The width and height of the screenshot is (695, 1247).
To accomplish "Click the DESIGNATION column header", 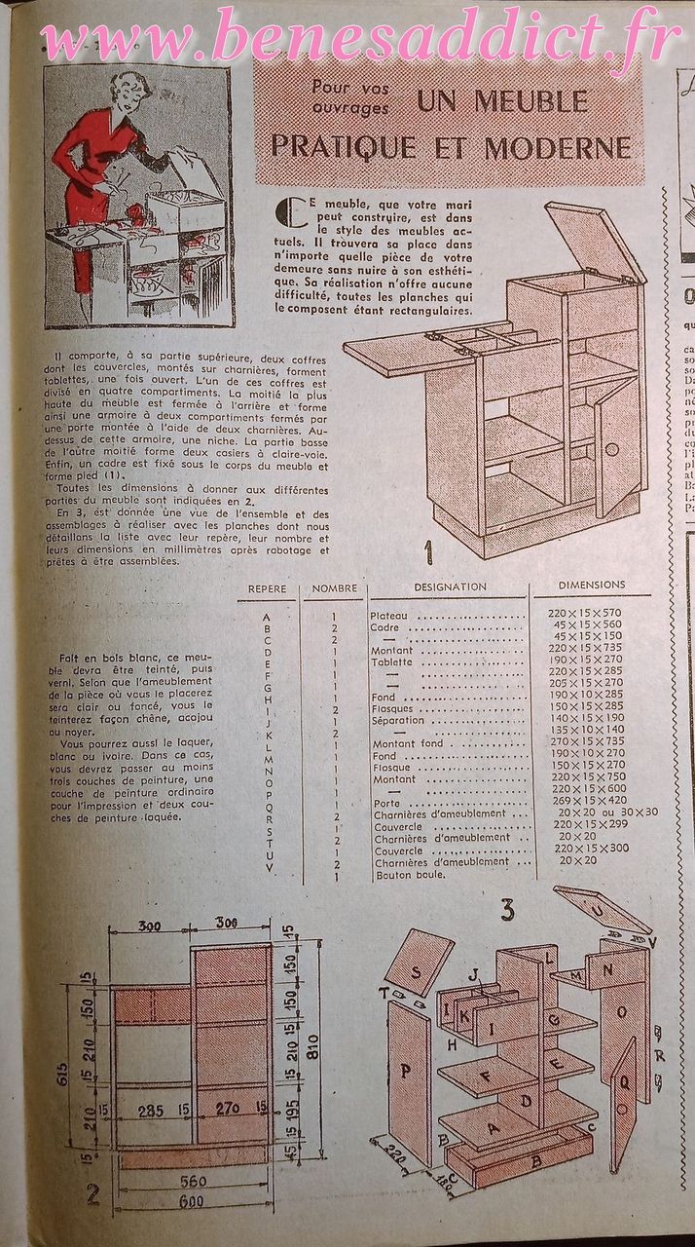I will click(x=450, y=587).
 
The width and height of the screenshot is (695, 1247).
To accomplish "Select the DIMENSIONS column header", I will click(x=591, y=586).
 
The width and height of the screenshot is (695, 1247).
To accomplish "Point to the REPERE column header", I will click(x=267, y=589).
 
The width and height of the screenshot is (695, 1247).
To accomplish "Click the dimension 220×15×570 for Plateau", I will click(x=582, y=616).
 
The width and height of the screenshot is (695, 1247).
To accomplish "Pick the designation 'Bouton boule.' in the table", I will click(x=410, y=874).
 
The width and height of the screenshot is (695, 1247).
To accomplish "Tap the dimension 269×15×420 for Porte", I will click(x=584, y=801).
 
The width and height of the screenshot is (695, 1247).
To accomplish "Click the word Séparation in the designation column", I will click(x=398, y=721).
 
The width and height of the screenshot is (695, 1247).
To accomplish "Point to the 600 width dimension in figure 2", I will click(x=191, y=1201).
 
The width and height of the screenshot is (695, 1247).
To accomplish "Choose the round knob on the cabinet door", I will click(x=611, y=450).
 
